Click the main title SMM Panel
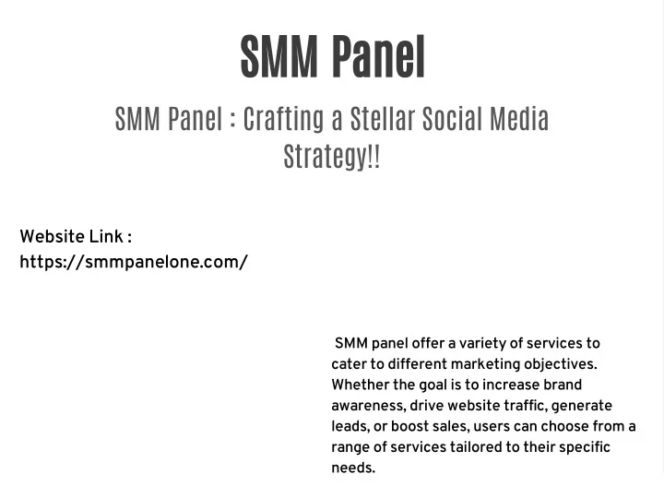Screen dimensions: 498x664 click(332, 57)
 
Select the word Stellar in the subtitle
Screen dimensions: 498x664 click(383, 119)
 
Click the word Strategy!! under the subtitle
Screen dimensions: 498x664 click(331, 156)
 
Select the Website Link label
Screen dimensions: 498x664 click(76, 237)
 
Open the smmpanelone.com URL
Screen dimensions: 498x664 click(134, 262)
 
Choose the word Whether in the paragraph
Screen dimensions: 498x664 click(360, 385)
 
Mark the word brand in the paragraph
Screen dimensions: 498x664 click(563, 385)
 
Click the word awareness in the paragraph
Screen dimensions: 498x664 click(367, 405)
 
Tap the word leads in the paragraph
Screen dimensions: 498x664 click(350, 426)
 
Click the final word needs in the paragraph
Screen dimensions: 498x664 click(353, 468)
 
